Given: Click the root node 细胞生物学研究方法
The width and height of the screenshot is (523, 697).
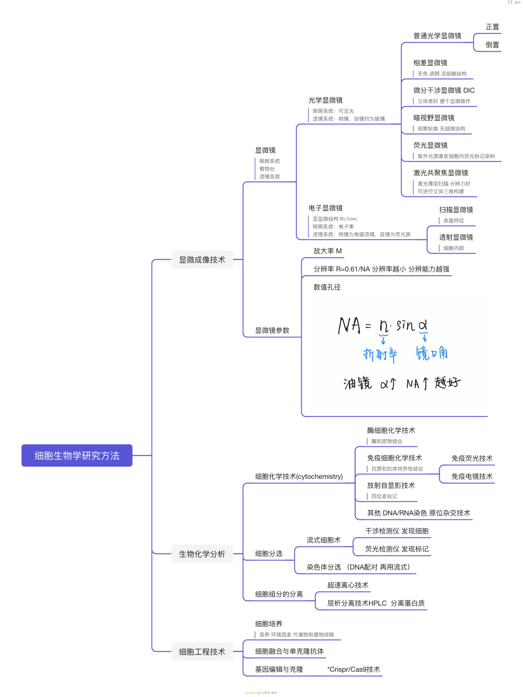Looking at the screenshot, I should (77, 456).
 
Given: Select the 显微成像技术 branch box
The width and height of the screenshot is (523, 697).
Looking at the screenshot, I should (202, 260).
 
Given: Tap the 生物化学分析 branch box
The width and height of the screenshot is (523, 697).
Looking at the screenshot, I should (202, 554).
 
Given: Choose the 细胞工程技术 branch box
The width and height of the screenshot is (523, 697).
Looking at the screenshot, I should (202, 652).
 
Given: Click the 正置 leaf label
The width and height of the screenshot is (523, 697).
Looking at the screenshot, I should (492, 27).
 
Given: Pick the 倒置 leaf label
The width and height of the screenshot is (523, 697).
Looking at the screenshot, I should (492, 45).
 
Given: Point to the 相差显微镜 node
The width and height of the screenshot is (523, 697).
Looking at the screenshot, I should (430, 63).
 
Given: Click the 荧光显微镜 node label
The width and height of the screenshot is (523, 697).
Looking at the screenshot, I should (430, 145).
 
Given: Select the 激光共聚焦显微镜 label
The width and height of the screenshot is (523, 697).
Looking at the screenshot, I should (441, 173).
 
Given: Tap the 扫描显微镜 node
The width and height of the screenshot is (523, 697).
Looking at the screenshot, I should (456, 210).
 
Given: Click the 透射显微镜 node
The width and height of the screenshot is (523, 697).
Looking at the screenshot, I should (456, 237).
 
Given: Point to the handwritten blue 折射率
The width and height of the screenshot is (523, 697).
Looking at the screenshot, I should (380, 355).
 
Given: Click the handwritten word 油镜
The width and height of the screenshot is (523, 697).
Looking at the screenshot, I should (358, 384).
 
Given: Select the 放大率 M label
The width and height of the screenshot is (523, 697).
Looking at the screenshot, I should (327, 251).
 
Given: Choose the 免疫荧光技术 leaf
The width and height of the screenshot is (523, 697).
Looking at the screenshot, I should (472, 459).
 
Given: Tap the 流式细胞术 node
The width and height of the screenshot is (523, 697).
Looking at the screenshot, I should (323, 540).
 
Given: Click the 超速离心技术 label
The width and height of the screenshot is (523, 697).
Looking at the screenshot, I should (348, 585).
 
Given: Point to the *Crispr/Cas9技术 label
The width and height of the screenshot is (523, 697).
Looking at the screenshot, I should (354, 669).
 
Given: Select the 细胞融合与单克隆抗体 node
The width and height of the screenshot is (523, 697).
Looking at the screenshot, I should (289, 652).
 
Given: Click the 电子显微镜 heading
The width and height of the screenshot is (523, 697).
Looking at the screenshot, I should (325, 208).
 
